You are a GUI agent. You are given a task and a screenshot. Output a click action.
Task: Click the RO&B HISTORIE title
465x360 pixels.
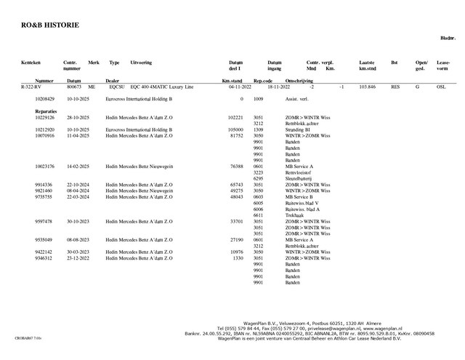pyautogui.click(x=50, y=25)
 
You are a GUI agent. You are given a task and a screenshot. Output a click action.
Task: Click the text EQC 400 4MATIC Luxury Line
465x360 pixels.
pyautogui.click(x=162, y=87)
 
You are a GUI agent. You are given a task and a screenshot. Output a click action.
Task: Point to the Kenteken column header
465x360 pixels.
pyautogui.click(x=31, y=63)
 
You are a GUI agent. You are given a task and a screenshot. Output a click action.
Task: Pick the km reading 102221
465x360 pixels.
pyautogui.click(x=235, y=117)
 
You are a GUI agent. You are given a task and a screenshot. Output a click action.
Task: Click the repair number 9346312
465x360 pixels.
pyautogui.click(x=44, y=258)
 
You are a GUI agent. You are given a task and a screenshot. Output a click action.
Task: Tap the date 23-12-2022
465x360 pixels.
pyautogui.click(x=77, y=258)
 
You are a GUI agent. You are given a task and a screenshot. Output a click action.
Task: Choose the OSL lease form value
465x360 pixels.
pyautogui.click(x=441, y=87)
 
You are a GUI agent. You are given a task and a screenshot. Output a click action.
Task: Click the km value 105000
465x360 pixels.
pyautogui.click(x=235, y=129)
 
